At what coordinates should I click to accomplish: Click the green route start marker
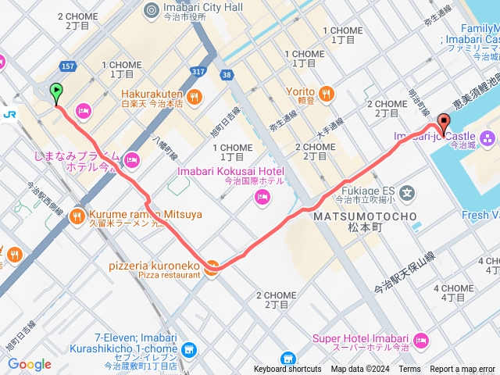(56, 93)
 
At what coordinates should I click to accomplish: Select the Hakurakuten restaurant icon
(195, 96)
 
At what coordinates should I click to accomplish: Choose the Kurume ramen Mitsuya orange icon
(77, 214)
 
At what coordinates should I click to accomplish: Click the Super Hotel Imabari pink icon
(421, 339)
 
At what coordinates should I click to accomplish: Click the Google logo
(29, 364)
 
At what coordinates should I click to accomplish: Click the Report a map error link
(462, 370)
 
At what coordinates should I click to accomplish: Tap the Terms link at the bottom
(409, 370)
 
